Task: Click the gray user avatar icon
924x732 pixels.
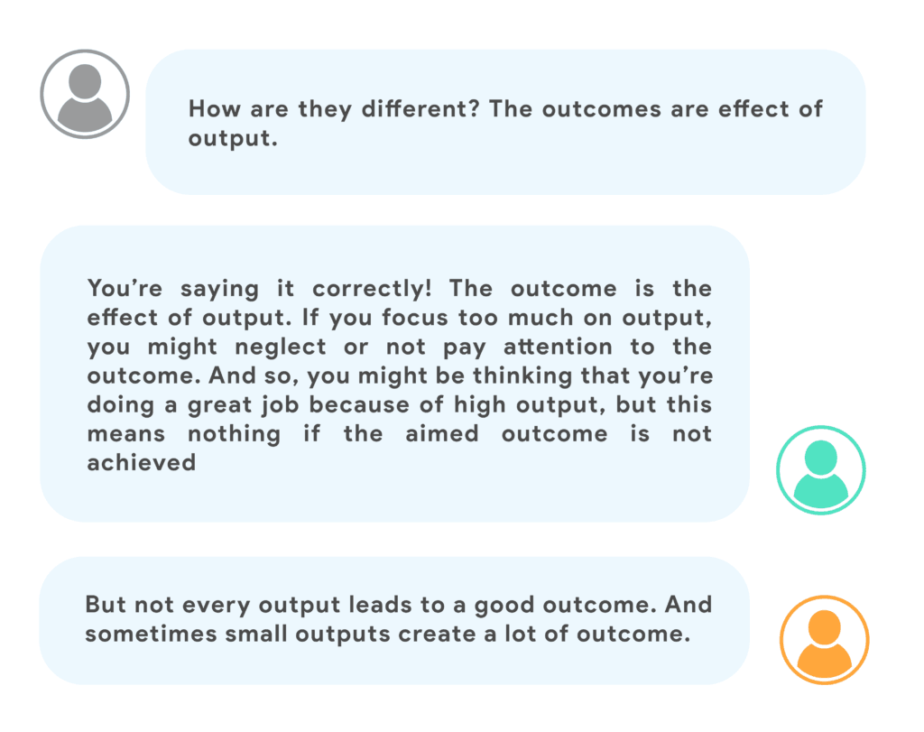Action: tap(85, 94)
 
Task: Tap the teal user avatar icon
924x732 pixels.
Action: tap(821, 470)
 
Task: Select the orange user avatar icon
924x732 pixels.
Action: tap(825, 640)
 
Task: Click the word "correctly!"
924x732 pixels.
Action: tap(372, 289)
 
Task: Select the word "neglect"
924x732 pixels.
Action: tap(281, 347)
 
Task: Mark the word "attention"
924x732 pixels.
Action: tap(558, 347)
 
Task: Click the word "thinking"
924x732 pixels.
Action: tap(522, 376)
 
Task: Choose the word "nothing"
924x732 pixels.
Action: tap(234, 434)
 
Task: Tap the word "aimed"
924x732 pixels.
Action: tap(442, 434)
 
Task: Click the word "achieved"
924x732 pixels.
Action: tap(142, 463)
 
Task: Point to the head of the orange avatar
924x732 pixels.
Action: tap(825, 625)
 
